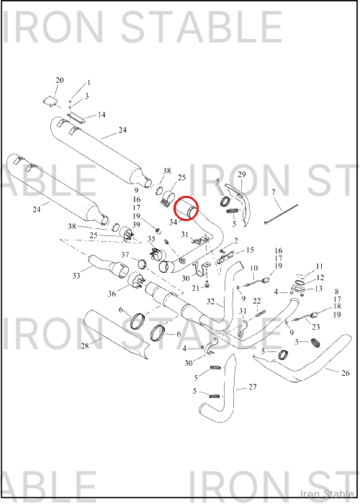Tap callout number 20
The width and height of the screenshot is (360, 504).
click(x=60, y=80)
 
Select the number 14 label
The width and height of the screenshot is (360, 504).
click(x=102, y=114)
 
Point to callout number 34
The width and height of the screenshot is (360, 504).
click(x=174, y=222)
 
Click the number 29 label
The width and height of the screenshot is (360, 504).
click(x=241, y=174)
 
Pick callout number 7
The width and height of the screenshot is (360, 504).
click(x=273, y=192)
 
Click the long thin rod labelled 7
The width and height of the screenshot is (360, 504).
click(x=281, y=213)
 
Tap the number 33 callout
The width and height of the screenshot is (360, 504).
click(x=76, y=276)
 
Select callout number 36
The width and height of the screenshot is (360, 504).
click(x=112, y=294)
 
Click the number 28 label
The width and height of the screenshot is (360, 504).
click(x=84, y=346)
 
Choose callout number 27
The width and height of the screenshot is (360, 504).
click(x=253, y=387)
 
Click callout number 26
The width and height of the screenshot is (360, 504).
click(x=345, y=373)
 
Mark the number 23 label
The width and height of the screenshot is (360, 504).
click(x=316, y=327)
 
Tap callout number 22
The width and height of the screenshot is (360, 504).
click(x=256, y=301)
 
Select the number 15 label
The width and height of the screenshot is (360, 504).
click(x=250, y=250)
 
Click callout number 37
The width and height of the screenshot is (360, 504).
click(x=125, y=255)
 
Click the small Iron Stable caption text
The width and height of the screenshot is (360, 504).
click(x=327, y=494)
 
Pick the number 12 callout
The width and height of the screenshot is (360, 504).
click(x=320, y=277)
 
